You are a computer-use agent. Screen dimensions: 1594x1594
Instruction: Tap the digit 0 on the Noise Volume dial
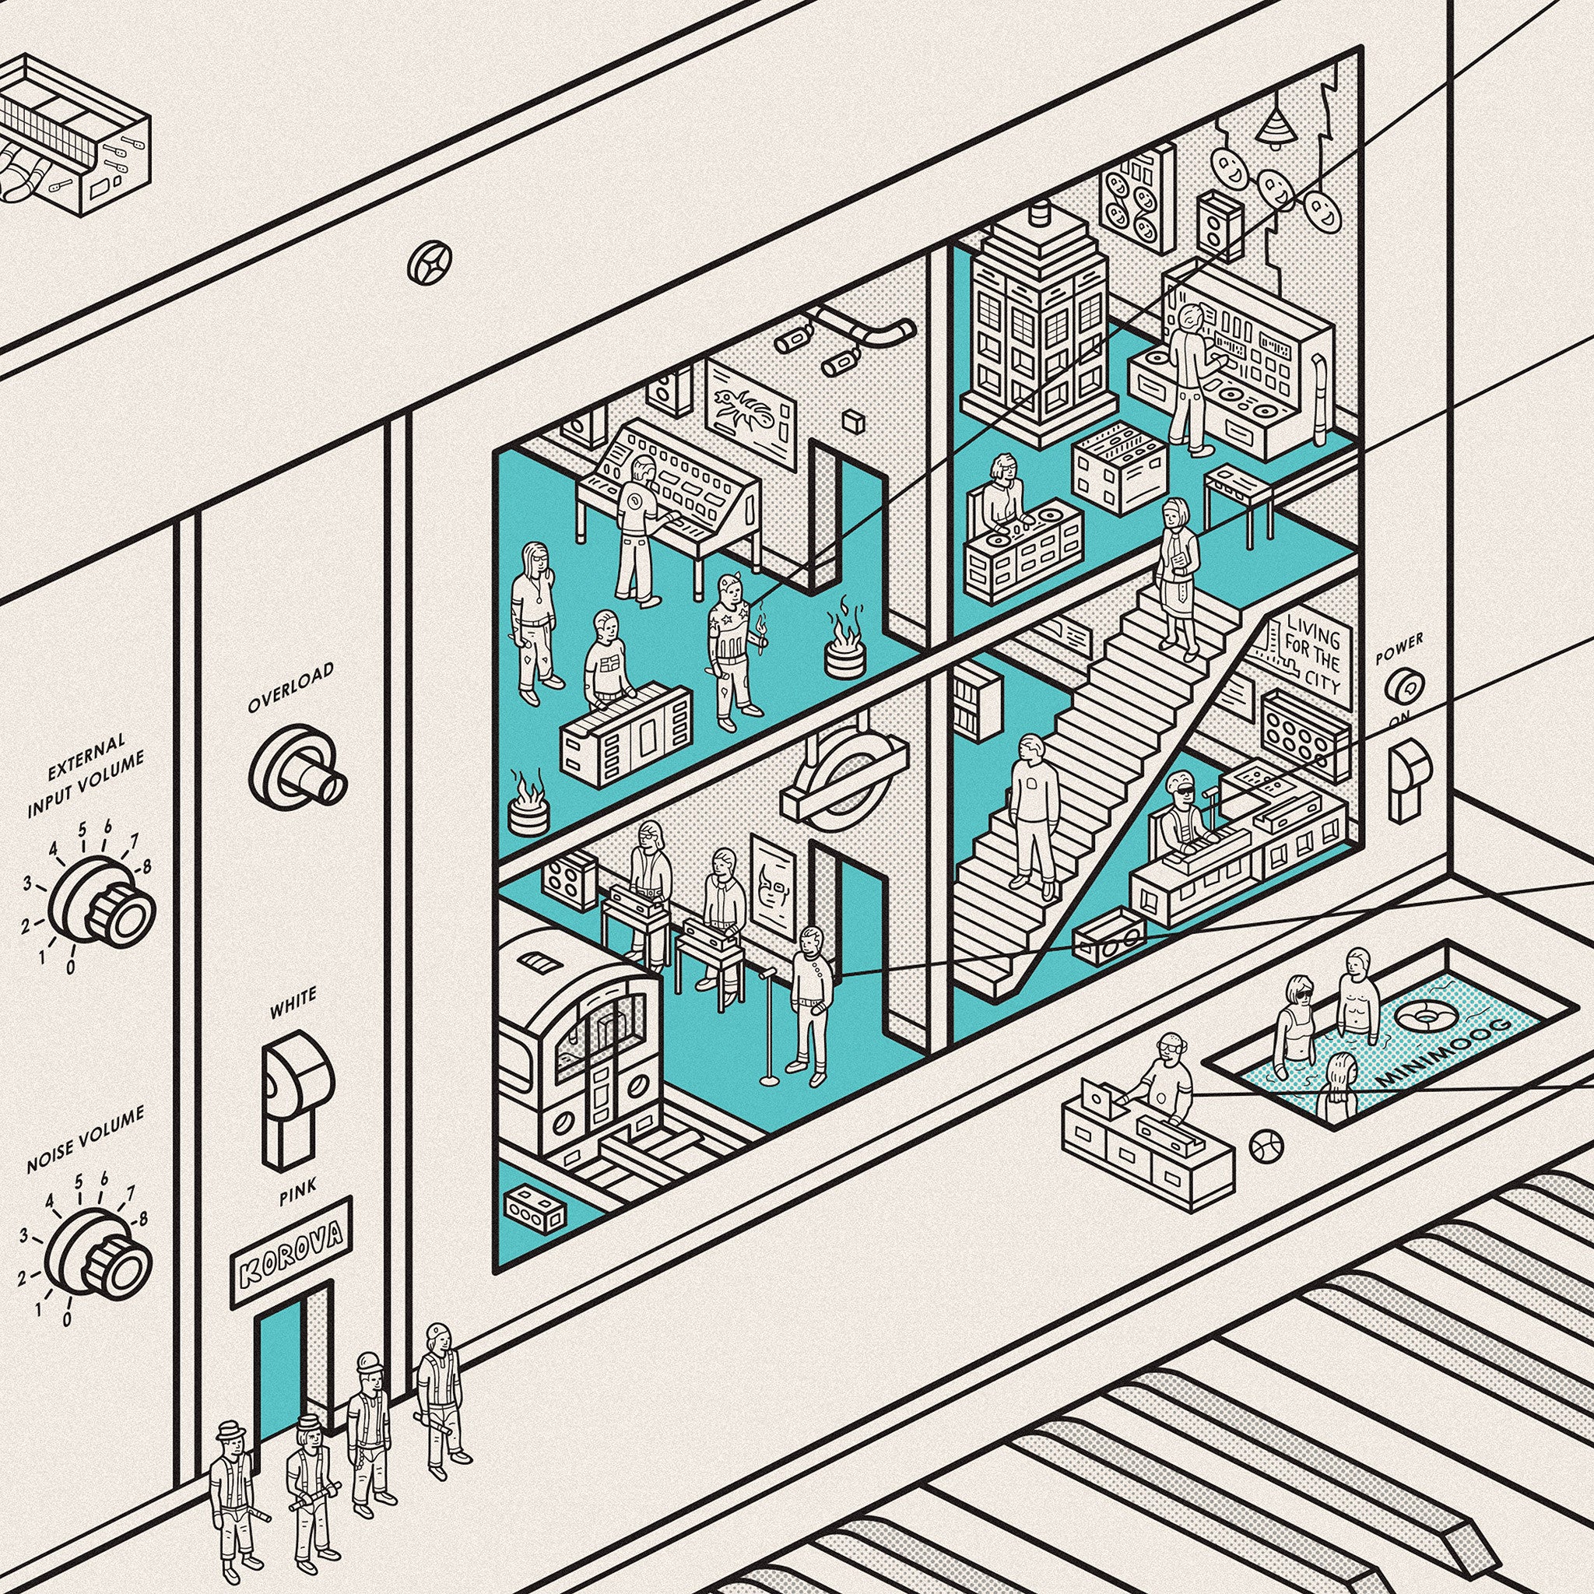[x=68, y=1318]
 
